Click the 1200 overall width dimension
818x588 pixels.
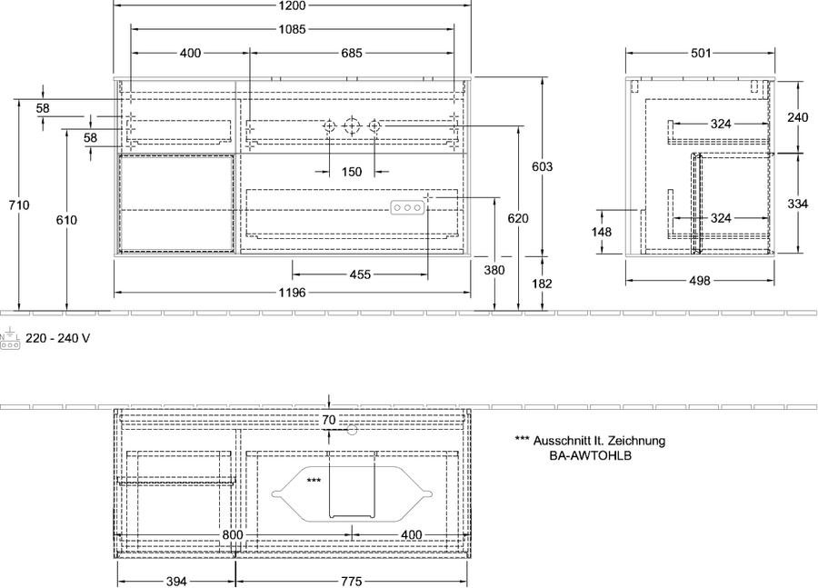pyautogui.click(x=292, y=5)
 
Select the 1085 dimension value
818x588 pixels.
pyautogui.click(x=292, y=30)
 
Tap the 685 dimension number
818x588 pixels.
pyautogui.click(x=352, y=54)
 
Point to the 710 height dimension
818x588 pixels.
pyautogui.click(x=19, y=205)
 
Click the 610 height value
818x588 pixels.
pyautogui.click(x=66, y=220)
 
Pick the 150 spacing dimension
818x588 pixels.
pyautogui.click(x=352, y=172)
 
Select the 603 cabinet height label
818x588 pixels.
pyautogui.click(x=543, y=166)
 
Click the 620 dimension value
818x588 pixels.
pyautogui.click(x=518, y=218)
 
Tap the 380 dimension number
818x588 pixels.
pyautogui.click(x=494, y=270)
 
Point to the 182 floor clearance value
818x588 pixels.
pyautogui.click(x=543, y=284)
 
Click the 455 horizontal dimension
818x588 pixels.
pyautogui.click(x=360, y=274)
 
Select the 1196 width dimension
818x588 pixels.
pyautogui.click(x=292, y=293)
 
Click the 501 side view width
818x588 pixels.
pyautogui.click(x=701, y=54)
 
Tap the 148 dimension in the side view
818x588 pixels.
pyautogui.click(x=602, y=232)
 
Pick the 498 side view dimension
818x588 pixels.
pyautogui.click(x=700, y=281)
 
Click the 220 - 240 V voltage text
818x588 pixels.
pyautogui.click(x=58, y=339)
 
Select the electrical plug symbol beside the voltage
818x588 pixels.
pyautogui.click(x=10, y=339)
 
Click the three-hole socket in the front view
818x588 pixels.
pyautogui.click(x=407, y=207)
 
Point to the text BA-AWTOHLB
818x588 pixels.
pyautogui.click(x=591, y=455)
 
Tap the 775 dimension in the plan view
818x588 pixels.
pyautogui.click(x=352, y=582)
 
